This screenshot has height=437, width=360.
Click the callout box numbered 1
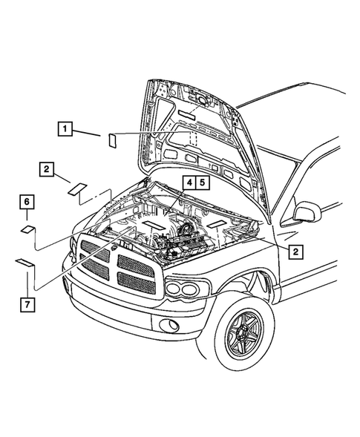tap(66, 130)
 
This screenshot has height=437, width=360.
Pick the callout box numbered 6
tap(25, 202)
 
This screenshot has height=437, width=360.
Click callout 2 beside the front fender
tap(295, 252)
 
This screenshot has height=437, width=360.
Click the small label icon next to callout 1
tap(112, 139)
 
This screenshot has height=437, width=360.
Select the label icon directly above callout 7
tap(24, 262)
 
